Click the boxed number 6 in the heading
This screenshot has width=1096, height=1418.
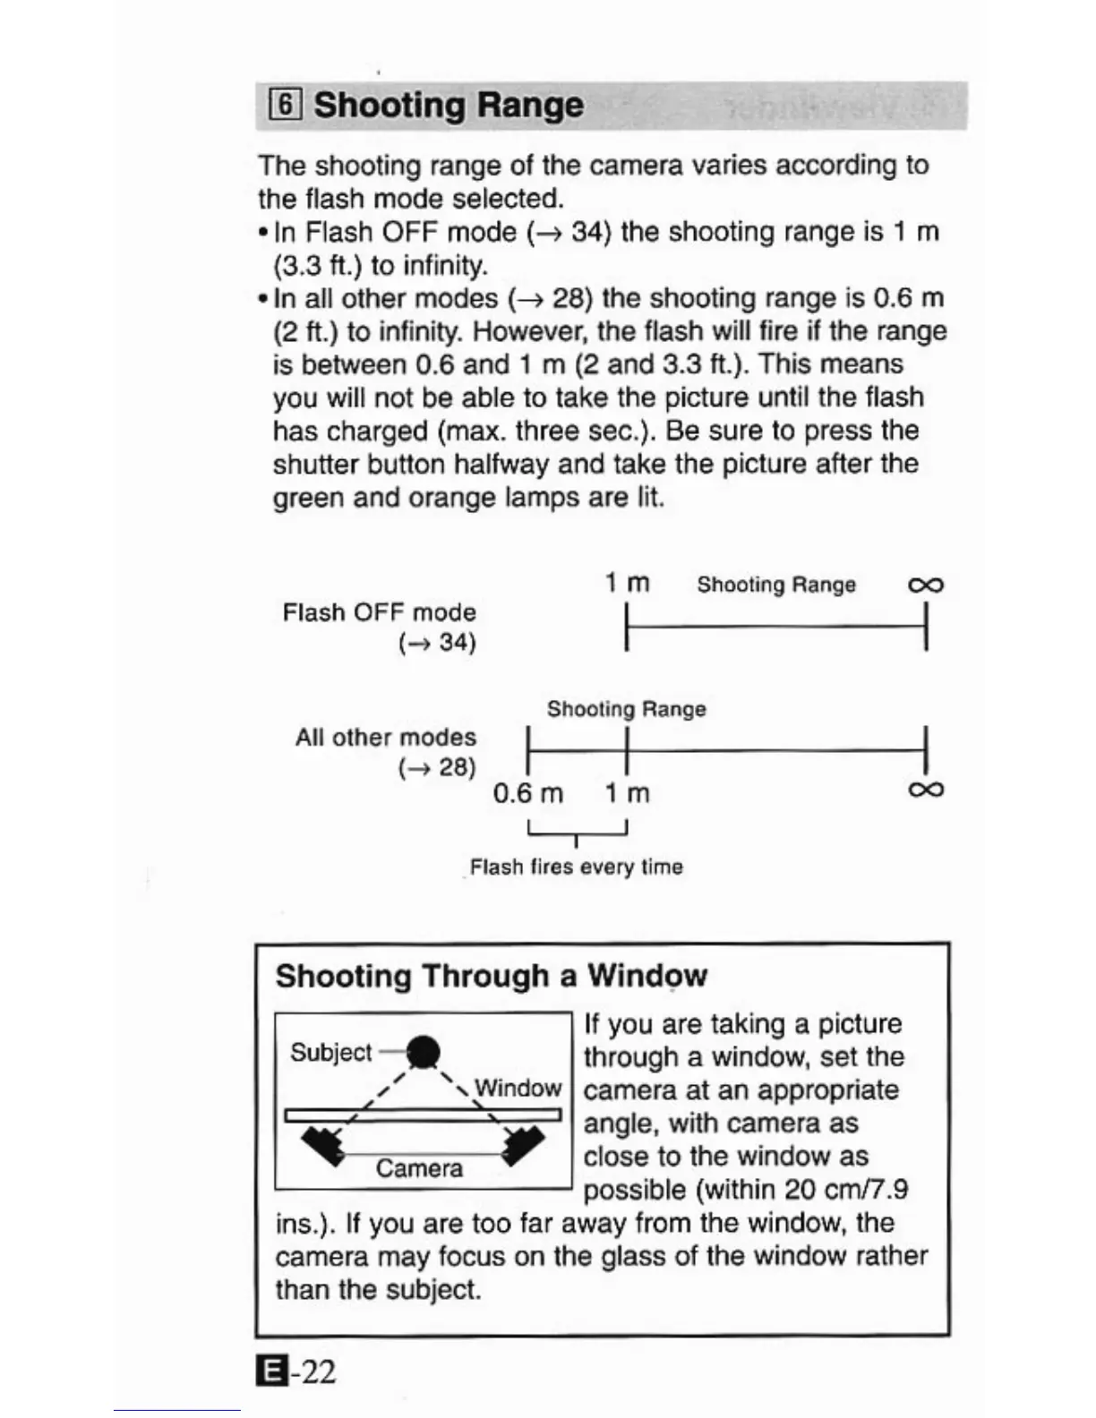tap(284, 106)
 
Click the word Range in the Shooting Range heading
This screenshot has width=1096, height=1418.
tap(529, 106)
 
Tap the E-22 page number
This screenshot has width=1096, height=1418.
tap(296, 1371)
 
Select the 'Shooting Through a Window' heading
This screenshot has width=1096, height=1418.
tap(491, 975)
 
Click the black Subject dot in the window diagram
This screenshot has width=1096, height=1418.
tap(424, 1052)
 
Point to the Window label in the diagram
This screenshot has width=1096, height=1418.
tap(518, 1088)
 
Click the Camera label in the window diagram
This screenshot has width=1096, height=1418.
tap(419, 1168)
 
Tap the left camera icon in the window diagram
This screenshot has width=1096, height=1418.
tap(323, 1145)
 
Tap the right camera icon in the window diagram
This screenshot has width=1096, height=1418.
tap(524, 1145)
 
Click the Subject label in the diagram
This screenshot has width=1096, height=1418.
tap(330, 1052)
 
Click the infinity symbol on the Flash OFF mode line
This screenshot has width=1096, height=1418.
tap(925, 585)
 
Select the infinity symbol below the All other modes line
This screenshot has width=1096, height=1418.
tap(925, 790)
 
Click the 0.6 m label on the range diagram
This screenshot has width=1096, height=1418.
tap(527, 793)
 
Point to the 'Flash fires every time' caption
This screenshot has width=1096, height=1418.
tap(576, 867)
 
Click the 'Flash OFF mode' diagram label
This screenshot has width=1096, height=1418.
tap(379, 612)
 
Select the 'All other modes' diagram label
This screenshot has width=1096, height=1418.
tap(385, 738)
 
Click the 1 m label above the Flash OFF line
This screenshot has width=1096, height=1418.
tap(627, 583)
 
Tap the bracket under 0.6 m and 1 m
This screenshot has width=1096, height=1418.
tap(578, 832)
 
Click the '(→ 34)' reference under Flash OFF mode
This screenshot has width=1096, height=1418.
tap(437, 643)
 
